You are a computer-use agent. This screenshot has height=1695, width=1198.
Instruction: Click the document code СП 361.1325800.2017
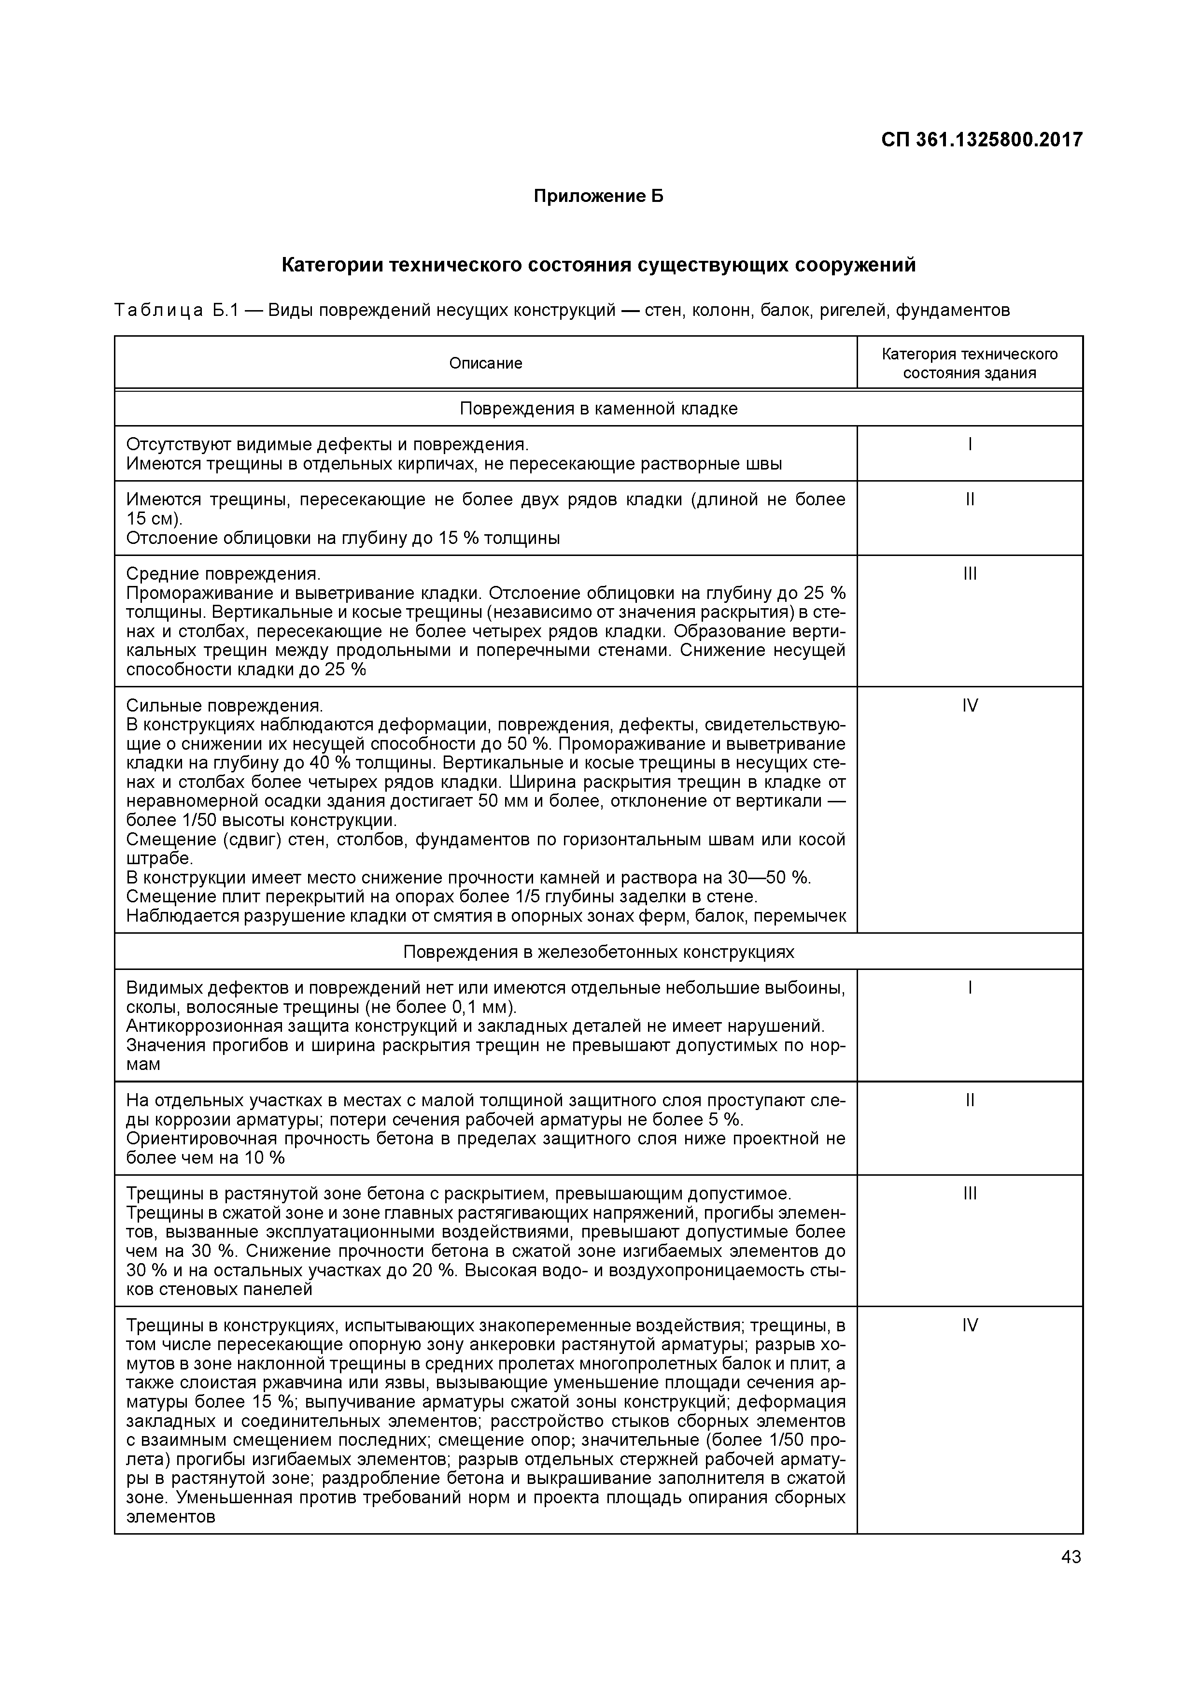click(x=982, y=140)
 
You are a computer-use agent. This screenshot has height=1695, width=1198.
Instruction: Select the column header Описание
click(x=486, y=363)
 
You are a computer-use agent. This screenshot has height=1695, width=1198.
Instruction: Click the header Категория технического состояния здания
click(x=969, y=363)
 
